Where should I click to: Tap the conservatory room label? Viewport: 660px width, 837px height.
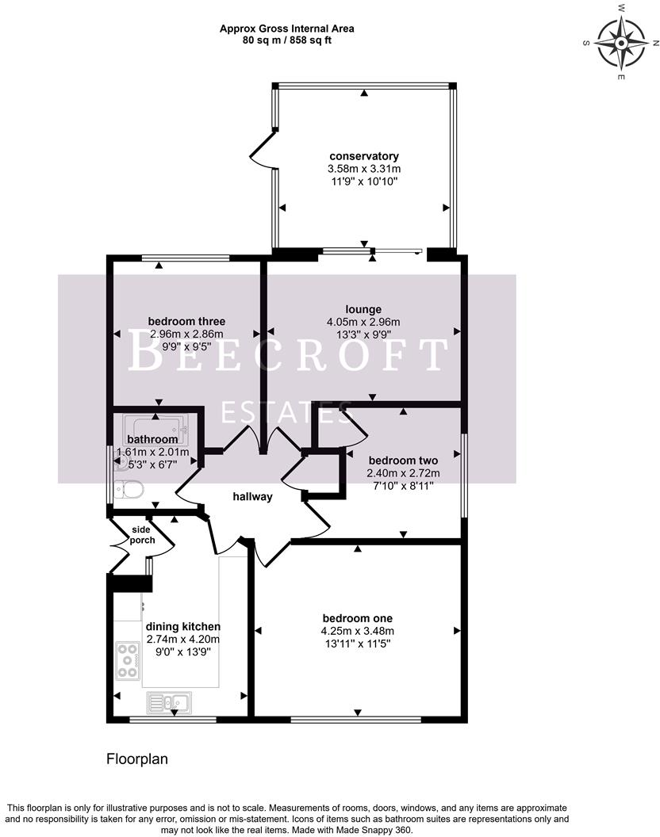tap(364, 156)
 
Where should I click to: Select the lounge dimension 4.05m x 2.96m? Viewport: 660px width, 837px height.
tap(363, 322)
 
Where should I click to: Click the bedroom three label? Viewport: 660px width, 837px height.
tap(186, 321)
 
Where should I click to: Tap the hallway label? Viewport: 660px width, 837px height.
tap(252, 497)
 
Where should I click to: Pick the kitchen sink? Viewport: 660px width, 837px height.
tap(167, 701)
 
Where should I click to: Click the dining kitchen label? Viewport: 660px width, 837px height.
tap(182, 626)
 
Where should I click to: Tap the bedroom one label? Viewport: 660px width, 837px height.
tap(357, 618)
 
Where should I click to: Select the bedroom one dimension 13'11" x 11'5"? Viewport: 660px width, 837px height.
tap(357, 644)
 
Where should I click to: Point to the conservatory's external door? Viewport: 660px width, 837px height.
tap(262, 152)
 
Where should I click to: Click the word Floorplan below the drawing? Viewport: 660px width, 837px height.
tap(137, 759)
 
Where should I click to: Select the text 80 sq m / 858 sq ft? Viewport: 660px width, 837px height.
tap(286, 40)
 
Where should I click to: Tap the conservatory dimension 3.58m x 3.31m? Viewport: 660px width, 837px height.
tap(364, 169)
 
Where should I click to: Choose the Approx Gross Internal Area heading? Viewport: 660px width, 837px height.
tap(286, 29)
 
